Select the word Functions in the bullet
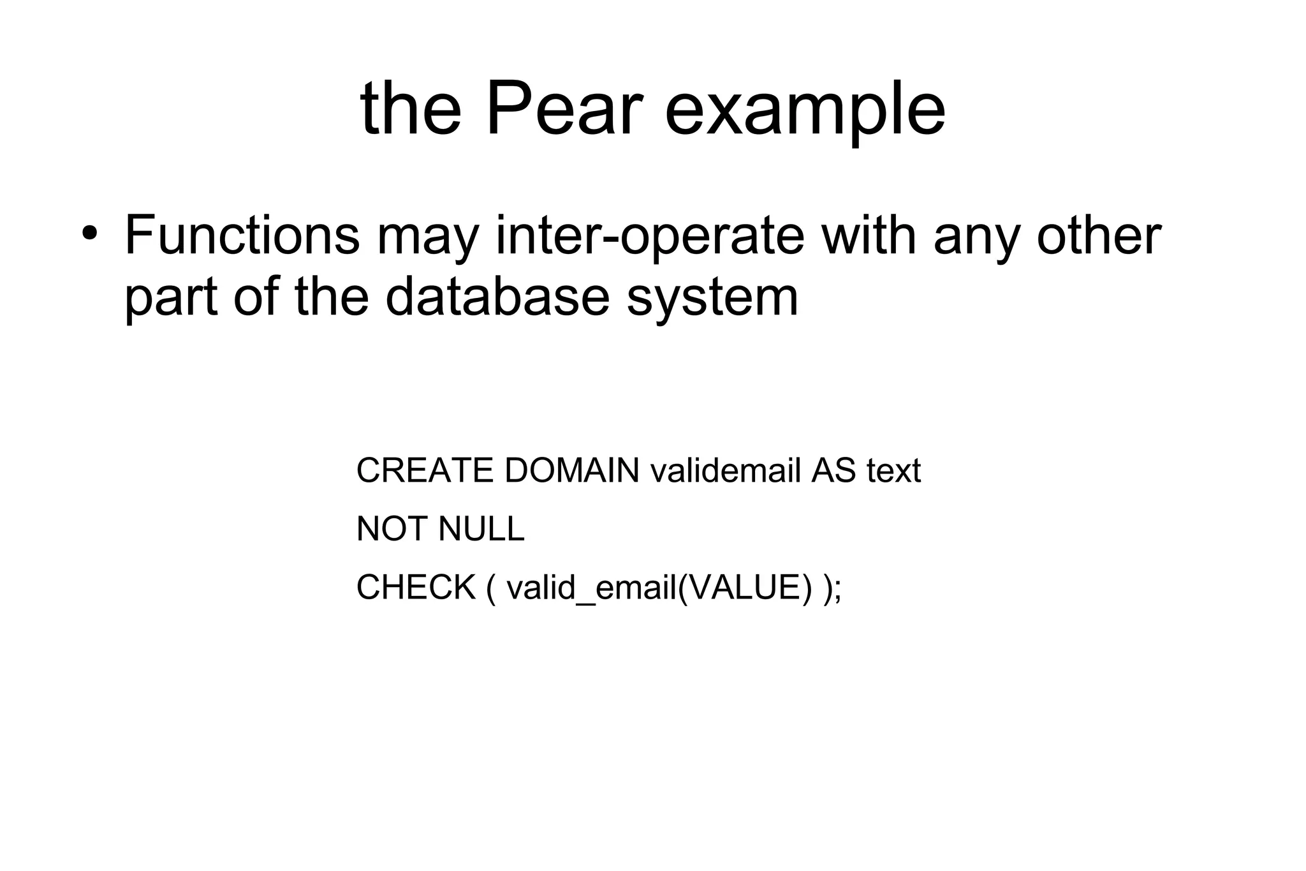pyautogui.click(x=242, y=235)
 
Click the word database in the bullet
pyautogui.click(x=497, y=297)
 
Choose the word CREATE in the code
pyautogui.click(x=425, y=470)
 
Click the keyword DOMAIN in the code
pyautogui.click(x=571, y=470)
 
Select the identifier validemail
pyautogui.click(x=725, y=470)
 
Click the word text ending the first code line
pyautogui.click(x=893, y=471)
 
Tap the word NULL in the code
pyautogui.click(x=481, y=528)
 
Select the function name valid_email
pyautogui.click(x=591, y=588)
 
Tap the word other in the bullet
pyautogui.click(x=1098, y=235)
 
